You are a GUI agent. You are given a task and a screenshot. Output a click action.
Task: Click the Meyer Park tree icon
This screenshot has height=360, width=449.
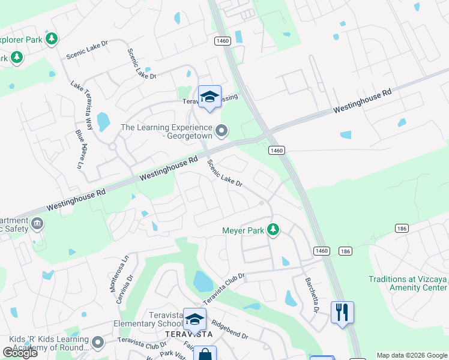(273, 229)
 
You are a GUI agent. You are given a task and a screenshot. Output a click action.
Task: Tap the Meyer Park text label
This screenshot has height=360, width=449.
(243, 230)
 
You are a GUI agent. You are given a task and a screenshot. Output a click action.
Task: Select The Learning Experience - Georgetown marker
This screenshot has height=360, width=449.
(221, 130)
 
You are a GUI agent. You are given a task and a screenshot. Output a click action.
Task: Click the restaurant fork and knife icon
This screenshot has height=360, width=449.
(342, 313)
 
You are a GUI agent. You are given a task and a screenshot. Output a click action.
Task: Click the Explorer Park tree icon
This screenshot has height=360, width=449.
(52, 39)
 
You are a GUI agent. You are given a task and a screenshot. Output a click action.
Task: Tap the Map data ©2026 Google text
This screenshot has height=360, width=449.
(411, 355)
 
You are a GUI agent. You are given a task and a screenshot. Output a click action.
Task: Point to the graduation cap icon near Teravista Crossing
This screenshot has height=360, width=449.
(209, 97)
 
